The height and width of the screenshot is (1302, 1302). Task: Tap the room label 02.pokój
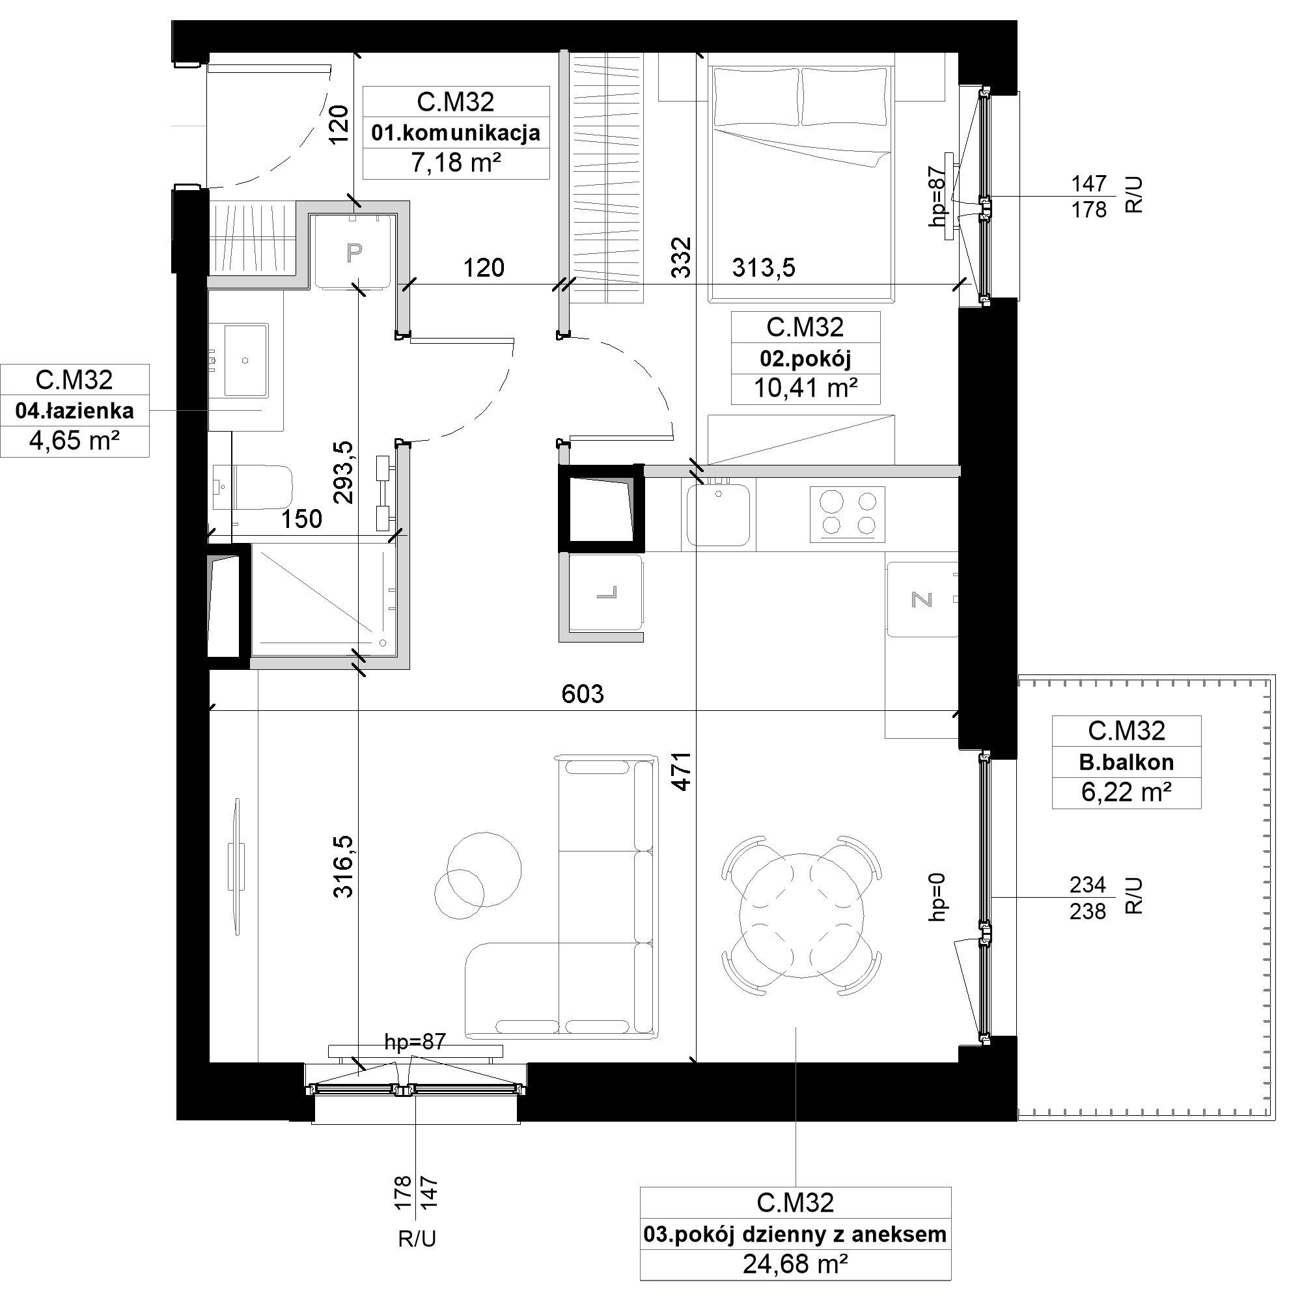[x=805, y=359]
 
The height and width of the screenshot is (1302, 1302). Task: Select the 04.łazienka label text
[x=74, y=410]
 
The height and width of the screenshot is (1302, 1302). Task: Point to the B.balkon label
[x=1126, y=762]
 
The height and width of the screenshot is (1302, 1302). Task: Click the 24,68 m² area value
[x=796, y=1264]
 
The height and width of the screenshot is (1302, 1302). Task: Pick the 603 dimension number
[x=583, y=693]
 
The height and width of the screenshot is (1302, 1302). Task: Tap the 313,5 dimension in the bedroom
[x=764, y=268]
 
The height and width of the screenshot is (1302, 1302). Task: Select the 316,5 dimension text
[x=343, y=866]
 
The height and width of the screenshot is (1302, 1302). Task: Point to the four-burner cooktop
[x=847, y=514]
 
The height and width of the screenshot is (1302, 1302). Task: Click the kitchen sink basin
[x=719, y=515]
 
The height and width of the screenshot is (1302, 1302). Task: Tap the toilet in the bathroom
[x=252, y=486]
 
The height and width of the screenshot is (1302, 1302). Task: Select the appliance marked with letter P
[x=353, y=252]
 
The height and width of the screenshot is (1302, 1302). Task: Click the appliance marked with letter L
[x=605, y=592]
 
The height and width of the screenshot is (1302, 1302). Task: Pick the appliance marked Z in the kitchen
[x=921, y=599]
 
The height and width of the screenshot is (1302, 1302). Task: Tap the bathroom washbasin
[x=245, y=360]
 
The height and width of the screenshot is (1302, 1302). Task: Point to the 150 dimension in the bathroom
[x=301, y=518]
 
